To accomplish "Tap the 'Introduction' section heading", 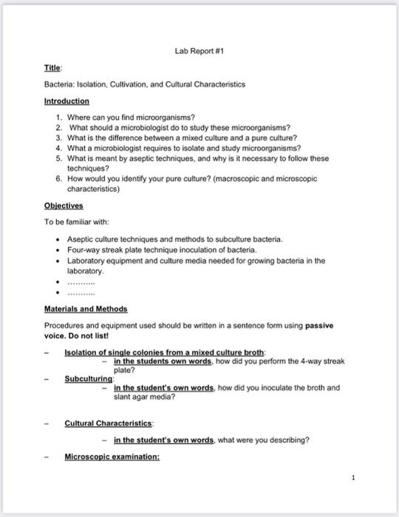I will pos(66,100).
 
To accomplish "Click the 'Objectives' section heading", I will pos(64,206).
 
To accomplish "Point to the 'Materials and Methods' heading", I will pos(86,309).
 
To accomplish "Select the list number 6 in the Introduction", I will pos(58,179).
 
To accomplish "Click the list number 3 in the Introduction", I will pos(58,137).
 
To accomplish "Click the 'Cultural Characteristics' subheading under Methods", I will pos(109,423).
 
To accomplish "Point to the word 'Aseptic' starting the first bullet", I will pos(81,239).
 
